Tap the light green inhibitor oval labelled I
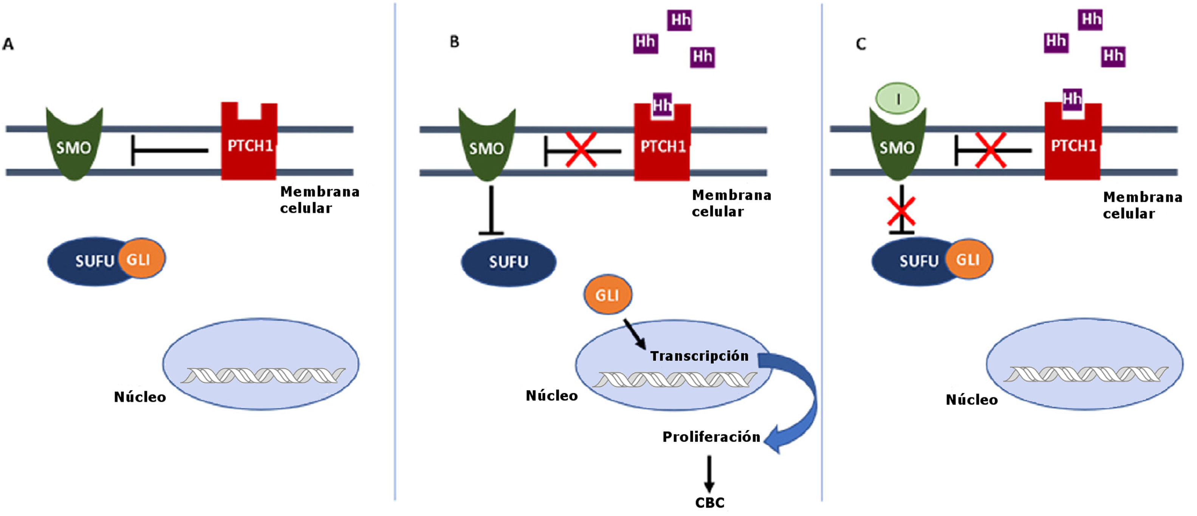point(897,99)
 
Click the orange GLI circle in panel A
point(141,258)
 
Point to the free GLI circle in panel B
point(607,295)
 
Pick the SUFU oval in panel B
point(508,262)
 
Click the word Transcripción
point(699,356)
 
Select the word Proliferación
point(711,437)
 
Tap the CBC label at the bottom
point(709,502)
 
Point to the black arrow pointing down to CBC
point(709,474)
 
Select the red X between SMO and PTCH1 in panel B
point(581,150)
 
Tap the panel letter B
point(454,42)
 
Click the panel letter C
point(861,44)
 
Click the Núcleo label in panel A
point(140,397)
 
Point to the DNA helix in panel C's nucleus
point(1085,374)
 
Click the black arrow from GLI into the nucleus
point(634,334)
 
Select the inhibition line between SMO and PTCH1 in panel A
point(170,150)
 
